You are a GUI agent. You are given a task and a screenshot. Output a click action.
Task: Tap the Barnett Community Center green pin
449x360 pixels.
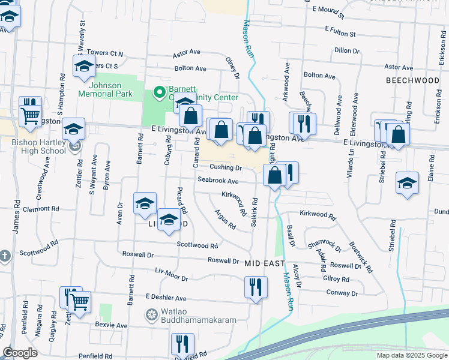[x=159, y=92]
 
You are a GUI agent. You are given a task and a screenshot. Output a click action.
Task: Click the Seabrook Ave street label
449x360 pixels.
[x=218, y=181]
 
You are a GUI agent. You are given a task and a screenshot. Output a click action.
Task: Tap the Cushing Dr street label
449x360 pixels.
[x=225, y=167]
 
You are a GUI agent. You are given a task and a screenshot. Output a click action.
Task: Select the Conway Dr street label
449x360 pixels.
[x=342, y=293]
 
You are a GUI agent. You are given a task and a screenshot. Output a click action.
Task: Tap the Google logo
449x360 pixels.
[x=19, y=353]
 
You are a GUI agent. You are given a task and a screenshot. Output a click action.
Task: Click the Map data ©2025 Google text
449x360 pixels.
[x=411, y=355]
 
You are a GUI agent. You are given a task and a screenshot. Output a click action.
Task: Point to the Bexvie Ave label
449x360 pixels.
[x=111, y=325]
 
